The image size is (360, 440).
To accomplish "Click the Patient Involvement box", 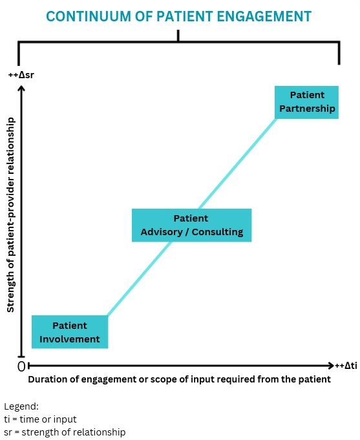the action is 70,332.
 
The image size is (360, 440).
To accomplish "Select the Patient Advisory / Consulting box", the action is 191,225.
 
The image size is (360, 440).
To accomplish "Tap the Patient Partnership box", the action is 306,102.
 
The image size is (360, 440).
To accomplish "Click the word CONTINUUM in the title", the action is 88,16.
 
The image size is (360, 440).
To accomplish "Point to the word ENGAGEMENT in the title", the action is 264,16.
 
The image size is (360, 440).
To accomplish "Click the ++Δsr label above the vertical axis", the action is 21,75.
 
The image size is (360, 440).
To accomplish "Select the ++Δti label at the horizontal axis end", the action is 346,365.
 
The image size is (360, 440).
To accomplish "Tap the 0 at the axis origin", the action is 21,366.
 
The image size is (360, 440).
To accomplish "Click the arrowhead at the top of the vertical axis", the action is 21,88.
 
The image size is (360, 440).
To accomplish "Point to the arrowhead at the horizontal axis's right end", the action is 331,365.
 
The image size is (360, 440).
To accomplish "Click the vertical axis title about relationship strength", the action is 11,215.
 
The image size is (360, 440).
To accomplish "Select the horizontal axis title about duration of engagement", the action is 179,379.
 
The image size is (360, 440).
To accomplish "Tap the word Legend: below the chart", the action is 21,406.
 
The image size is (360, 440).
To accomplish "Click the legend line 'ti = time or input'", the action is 40,419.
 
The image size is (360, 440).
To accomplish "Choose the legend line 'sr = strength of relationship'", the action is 65,432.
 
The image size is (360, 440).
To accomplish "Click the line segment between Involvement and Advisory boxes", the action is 140,278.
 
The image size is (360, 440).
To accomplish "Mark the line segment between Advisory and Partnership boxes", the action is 237,163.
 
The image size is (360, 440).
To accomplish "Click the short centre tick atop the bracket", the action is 178,36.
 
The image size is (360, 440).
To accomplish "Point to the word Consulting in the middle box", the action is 217,232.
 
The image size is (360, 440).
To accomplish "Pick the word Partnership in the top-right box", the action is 307,109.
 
